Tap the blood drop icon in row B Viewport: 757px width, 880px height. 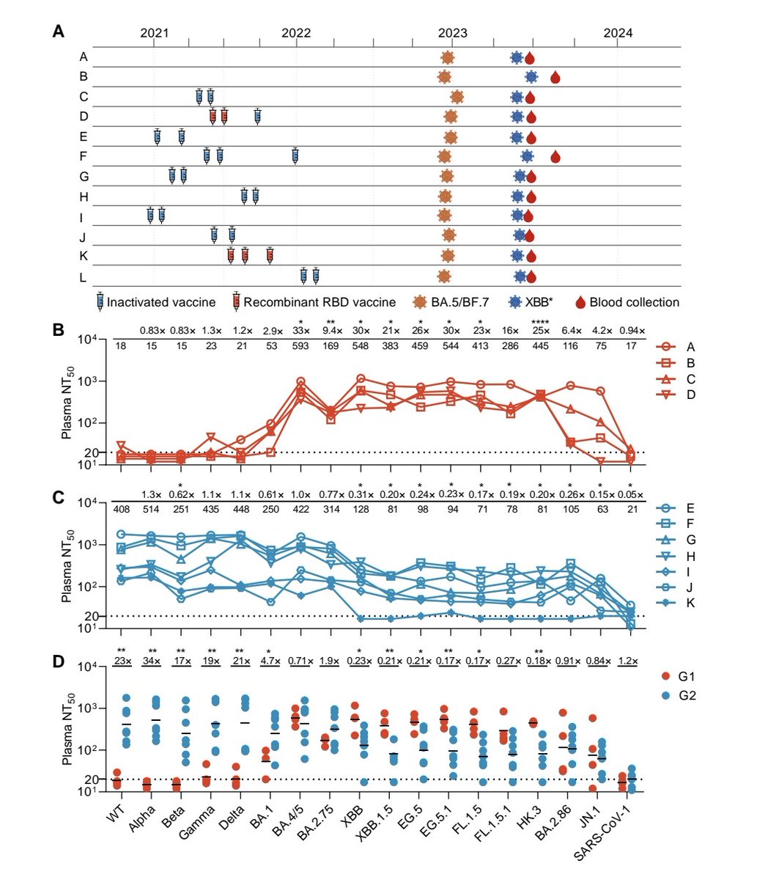tap(555, 77)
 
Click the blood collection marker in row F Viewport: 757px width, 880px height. tap(555, 156)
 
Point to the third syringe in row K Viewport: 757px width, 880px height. tap(270, 255)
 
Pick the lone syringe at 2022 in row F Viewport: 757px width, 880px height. tap(295, 155)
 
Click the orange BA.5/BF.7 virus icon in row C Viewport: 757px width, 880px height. tap(457, 97)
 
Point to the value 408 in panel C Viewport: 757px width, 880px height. tap(122, 510)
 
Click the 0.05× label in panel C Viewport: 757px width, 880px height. tap(630, 496)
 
